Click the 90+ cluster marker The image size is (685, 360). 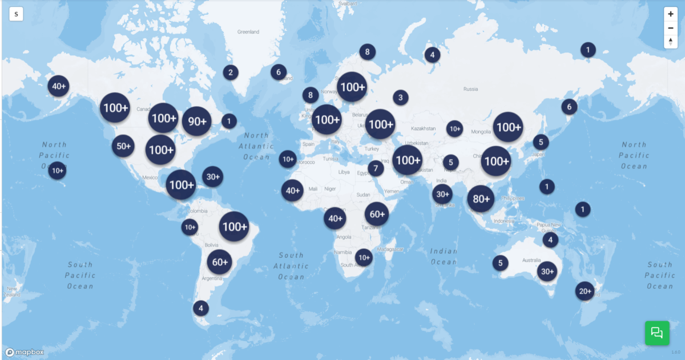[197, 121]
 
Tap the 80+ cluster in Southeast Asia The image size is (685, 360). [481, 199]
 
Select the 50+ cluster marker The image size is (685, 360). [123, 146]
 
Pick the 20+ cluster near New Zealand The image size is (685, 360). [585, 291]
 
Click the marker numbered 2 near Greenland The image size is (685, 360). [231, 72]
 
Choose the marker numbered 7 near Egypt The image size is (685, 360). [376, 168]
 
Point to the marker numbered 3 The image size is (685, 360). [400, 98]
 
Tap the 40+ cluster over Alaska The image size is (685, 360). [58, 87]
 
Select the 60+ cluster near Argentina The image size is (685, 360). [220, 262]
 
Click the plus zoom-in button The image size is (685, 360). [671, 14]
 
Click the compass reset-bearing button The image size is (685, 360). [671, 41]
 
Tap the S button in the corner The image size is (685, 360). [16, 14]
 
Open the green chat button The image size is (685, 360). [657, 333]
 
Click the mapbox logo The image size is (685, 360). [25, 352]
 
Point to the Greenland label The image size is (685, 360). [248, 32]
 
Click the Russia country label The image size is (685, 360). [470, 89]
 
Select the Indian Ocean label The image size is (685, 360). [444, 257]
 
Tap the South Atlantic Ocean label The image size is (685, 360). [291, 266]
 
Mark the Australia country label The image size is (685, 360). [523, 261]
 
